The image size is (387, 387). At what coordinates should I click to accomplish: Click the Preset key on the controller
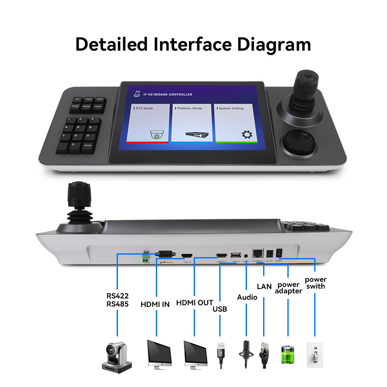pyautogui.click(x=75, y=106)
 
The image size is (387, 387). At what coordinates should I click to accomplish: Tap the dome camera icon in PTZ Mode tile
pyautogui.click(x=157, y=135)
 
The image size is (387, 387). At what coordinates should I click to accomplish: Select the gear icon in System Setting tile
pyautogui.click(x=246, y=135)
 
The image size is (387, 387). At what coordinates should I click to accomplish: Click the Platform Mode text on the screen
pyautogui.click(x=190, y=109)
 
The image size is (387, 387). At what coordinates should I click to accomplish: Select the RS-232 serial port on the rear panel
pyautogui.click(x=166, y=255)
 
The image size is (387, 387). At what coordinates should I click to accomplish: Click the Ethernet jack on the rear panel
pyautogui.click(x=258, y=252)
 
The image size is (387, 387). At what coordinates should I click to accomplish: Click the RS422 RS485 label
pyautogui.click(x=118, y=300)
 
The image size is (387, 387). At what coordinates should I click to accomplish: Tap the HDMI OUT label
pyautogui.click(x=195, y=303)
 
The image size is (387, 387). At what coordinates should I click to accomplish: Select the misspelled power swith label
pyautogui.click(x=315, y=283)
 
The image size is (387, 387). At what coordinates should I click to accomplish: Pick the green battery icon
pyautogui.click(x=287, y=354)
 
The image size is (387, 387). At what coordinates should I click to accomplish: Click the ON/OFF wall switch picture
pyautogui.click(x=315, y=354)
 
